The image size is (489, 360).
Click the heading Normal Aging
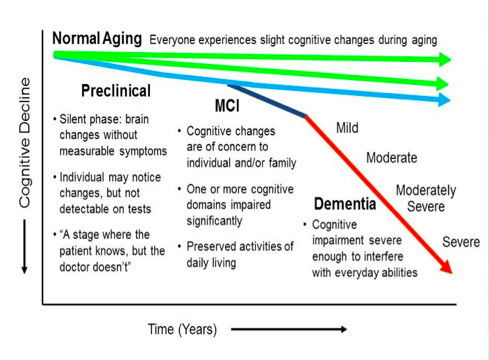[x=97, y=39]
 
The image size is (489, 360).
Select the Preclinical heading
[x=116, y=91]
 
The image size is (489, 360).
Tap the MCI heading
[x=227, y=106]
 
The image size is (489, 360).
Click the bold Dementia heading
[x=345, y=204]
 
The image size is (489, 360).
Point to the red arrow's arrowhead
[x=447, y=267]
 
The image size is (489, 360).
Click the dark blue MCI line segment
[x=267, y=101]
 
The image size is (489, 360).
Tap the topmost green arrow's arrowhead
[x=445, y=59]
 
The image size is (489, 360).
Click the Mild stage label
[x=347, y=128]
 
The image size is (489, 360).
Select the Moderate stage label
[x=392, y=158]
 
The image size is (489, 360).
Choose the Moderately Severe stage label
[x=426, y=198]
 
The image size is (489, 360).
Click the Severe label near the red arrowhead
[x=461, y=242]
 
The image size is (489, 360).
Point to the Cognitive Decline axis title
[x=25, y=142]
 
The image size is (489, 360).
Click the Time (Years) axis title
[x=182, y=329]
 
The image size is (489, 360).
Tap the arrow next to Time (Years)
[x=289, y=329]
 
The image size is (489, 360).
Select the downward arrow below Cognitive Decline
[x=24, y=247]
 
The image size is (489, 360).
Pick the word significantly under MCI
[x=214, y=221]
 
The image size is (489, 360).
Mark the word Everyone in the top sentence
[x=172, y=40]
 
